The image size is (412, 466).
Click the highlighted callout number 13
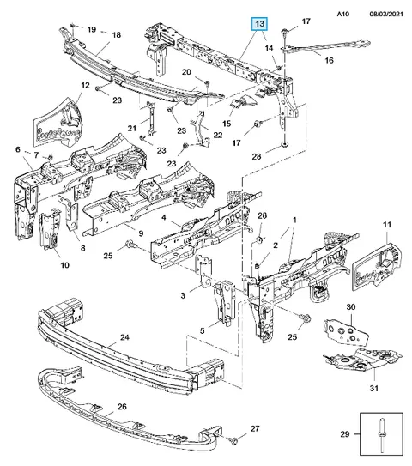259,24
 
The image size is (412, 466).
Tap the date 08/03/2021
386,14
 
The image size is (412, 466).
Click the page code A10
343,14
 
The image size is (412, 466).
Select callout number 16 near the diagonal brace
329,60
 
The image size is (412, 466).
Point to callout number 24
124,337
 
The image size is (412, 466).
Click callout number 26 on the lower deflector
122,406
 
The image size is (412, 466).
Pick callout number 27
255,428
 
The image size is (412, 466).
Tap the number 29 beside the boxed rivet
345,434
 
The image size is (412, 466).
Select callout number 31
374,388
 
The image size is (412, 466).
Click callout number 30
351,306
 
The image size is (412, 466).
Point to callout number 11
387,225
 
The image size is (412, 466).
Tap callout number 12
85,85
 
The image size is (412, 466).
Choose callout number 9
141,233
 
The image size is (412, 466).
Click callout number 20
186,72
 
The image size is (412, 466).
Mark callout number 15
227,124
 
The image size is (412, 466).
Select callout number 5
203,330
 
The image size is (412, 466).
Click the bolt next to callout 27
233,440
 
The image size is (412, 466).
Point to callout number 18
116,35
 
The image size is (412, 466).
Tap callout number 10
64,265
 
